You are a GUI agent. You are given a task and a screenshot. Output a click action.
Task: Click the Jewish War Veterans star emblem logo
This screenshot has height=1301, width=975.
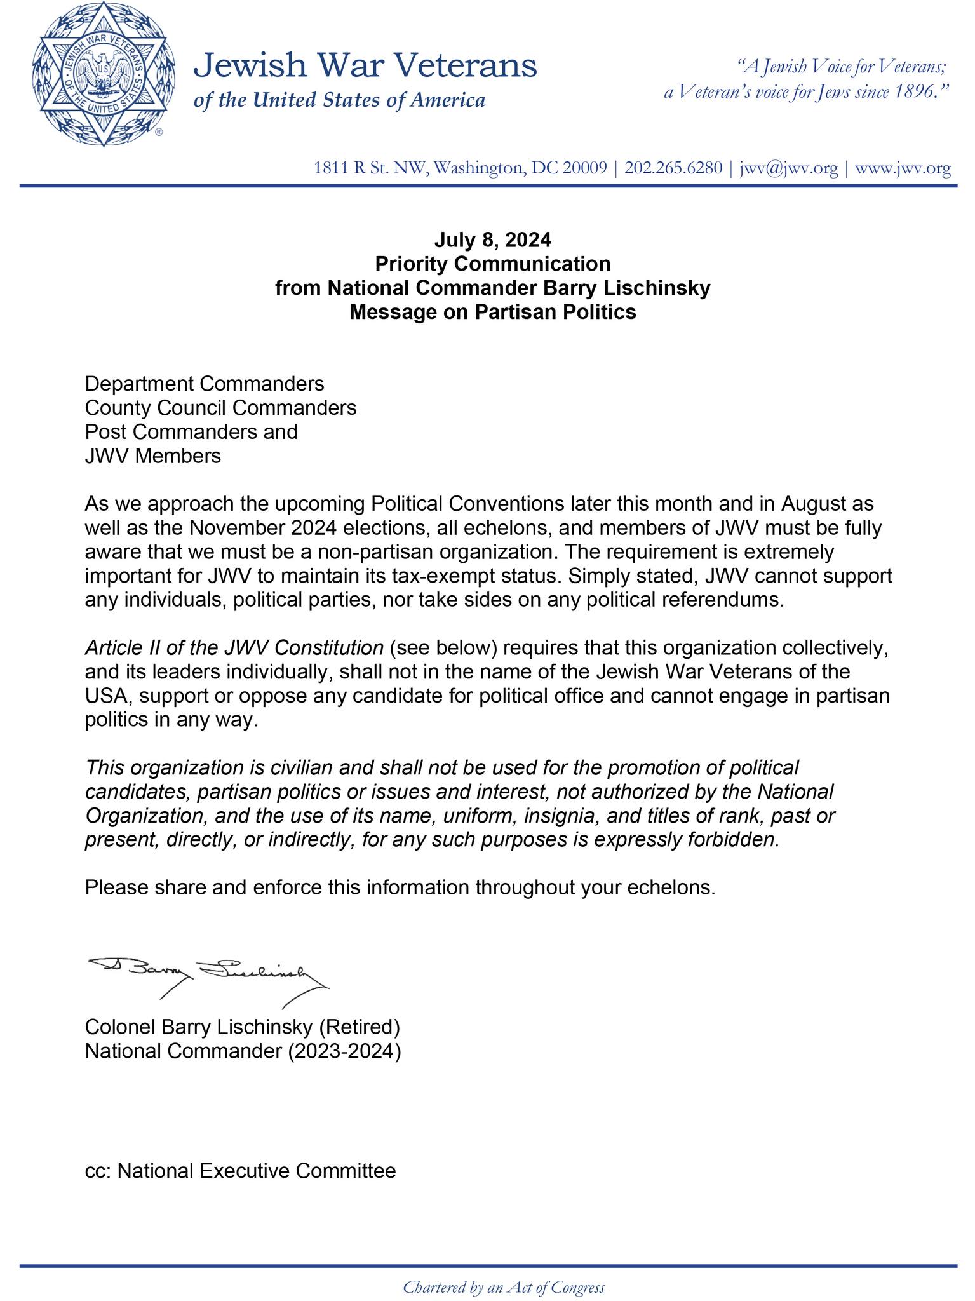pos(100,76)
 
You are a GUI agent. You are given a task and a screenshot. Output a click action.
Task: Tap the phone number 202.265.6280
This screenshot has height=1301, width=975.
pos(673,168)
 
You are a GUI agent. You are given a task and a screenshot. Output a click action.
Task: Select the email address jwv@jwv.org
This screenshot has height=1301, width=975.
pos(789,168)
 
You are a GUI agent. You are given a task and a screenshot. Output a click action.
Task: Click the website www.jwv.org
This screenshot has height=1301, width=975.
pos(903,168)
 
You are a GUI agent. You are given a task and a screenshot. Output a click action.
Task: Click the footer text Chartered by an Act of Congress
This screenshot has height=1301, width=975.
pos(504,1287)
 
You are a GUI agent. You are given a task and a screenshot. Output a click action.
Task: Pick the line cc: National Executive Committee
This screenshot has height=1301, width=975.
pos(240,1170)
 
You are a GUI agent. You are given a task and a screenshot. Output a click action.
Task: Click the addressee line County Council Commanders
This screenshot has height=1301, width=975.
pos(220,407)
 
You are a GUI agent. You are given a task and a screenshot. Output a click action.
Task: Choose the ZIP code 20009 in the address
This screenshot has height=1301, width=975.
pos(586,168)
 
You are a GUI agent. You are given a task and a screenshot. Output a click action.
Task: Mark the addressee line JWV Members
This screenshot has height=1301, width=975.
pos(153,455)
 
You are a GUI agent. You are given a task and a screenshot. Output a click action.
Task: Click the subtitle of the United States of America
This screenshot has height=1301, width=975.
pos(339,100)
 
